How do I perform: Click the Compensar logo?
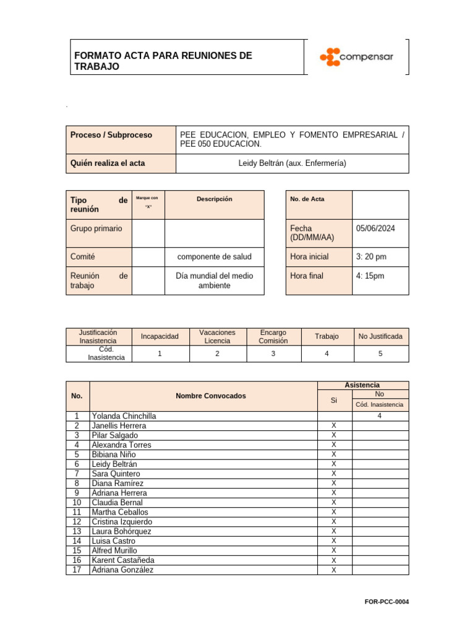pyautogui.click(x=356, y=57)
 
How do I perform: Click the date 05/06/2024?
pyautogui.click(x=375, y=228)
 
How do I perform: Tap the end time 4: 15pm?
pyautogui.click(x=370, y=276)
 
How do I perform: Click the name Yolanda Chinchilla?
pyautogui.click(x=124, y=416)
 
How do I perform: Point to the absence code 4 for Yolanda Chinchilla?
pyautogui.click(x=380, y=416)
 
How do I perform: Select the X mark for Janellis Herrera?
pyautogui.click(x=334, y=426)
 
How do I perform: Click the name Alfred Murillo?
pyautogui.click(x=114, y=550)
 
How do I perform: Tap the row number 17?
pyautogui.click(x=77, y=570)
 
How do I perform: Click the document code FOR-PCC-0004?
pyautogui.click(x=387, y=602)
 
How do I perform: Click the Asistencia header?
pyautogui.click(x=363, y=385)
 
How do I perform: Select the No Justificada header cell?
pyautogui.click(x=380, y=336)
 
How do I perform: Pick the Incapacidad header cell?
pyautogui.click(x=160, y=336)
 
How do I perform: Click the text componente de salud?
pyautogui.click(x=214, y=256)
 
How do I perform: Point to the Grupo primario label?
pyautogui.click(x=96, y=228)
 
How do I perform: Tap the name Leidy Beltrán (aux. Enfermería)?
pyautogui.click(x=292, y=163)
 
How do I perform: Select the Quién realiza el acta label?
pyautogui.click(x=108, y=163)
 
